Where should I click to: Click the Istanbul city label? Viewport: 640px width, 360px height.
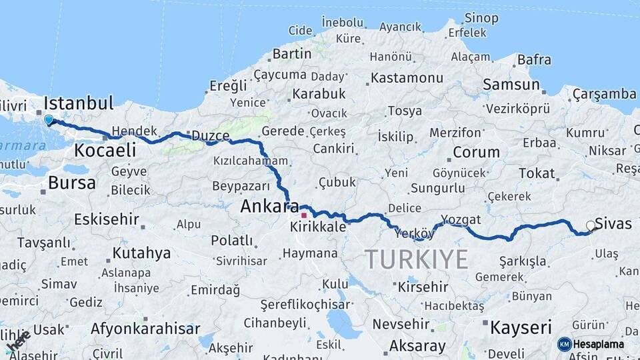79,103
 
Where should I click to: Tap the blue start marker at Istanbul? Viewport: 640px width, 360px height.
49,121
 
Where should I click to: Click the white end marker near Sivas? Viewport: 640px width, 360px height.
590,227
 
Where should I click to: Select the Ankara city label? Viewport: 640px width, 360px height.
269,207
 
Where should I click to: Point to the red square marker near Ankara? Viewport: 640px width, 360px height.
304,215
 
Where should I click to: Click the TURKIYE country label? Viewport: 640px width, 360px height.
416,259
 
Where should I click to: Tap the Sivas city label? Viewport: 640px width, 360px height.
613,223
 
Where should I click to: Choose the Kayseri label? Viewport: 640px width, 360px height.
521,327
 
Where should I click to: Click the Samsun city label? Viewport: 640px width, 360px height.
511,85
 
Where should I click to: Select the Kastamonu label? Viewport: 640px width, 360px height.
407,78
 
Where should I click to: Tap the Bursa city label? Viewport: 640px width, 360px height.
71,183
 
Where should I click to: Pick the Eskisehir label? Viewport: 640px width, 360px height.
107,219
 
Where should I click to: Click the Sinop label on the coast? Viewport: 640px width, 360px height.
481,18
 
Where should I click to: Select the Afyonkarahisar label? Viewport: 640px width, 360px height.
145,329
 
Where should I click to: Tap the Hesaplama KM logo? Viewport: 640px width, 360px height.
590,344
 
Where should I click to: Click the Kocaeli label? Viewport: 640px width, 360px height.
105,150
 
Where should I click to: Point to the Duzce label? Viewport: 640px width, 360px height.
210,135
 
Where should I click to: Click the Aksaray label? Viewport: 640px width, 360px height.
417,346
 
